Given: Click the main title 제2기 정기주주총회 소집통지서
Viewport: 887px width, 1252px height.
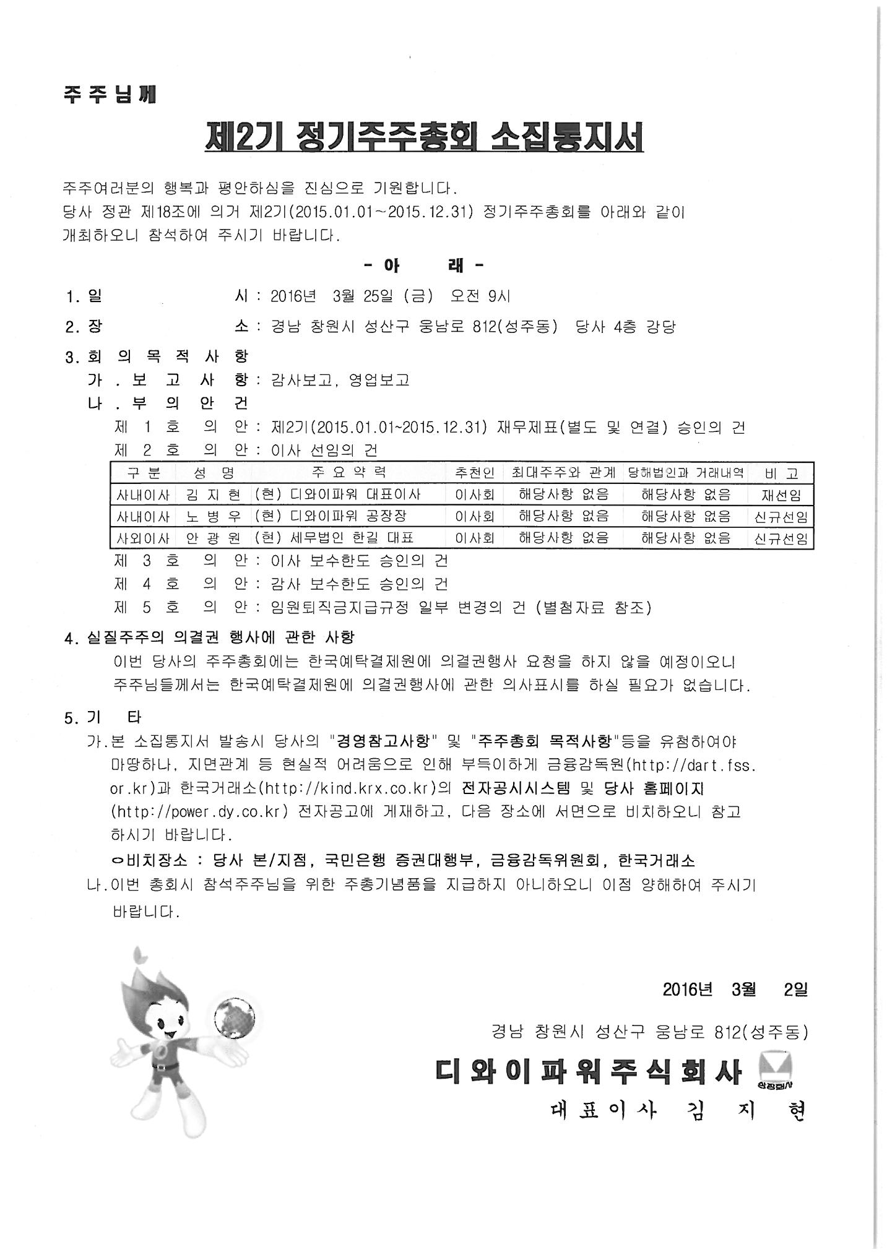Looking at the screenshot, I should pos(424,139).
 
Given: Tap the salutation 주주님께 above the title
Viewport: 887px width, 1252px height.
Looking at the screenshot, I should pos(110,95).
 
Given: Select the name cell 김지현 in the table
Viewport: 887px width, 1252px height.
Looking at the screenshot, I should pos(214,494).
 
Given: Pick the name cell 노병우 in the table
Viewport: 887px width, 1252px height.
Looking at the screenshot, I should pos(214,516).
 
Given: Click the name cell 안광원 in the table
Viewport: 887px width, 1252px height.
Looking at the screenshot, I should pos(214,538).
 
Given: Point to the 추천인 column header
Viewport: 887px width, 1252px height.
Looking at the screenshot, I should pos(475,473).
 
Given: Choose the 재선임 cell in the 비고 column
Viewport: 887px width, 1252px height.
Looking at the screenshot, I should pos(781,495).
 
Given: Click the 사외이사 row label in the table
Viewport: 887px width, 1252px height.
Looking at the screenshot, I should pos(143,538).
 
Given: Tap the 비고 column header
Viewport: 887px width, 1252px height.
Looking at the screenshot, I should pos(781,473).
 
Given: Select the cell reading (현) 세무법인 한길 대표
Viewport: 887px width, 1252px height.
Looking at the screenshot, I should pos(334,538).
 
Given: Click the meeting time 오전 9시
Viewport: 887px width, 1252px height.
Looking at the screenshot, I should pos(480,296).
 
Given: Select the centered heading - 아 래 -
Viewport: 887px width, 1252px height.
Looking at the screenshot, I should pos(424,266).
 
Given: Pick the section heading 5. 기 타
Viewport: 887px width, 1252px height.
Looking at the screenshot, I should pos(103,717).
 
